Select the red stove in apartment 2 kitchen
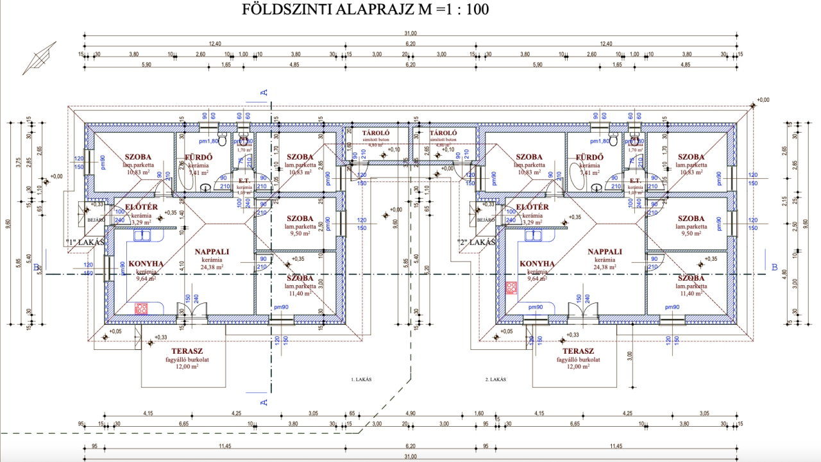tap(512, 288)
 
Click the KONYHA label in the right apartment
tap(537, 263)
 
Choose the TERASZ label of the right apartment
tap(578, 351)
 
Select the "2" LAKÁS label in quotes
tap(476, 242)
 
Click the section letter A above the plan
tap(263, 92)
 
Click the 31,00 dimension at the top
tap(410, 33)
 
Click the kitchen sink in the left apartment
tap(142, 235)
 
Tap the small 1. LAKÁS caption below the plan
tap(361, 379)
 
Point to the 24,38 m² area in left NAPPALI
tap(211, 267)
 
